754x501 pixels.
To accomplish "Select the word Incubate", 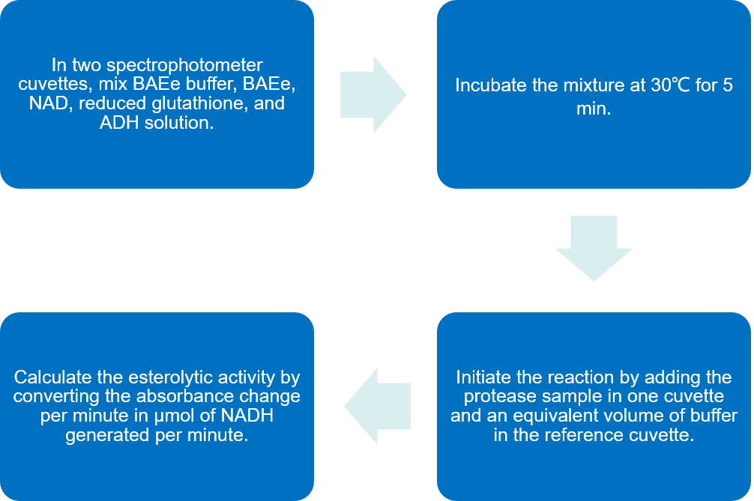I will pyautogui.click(x=489, y=85).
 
